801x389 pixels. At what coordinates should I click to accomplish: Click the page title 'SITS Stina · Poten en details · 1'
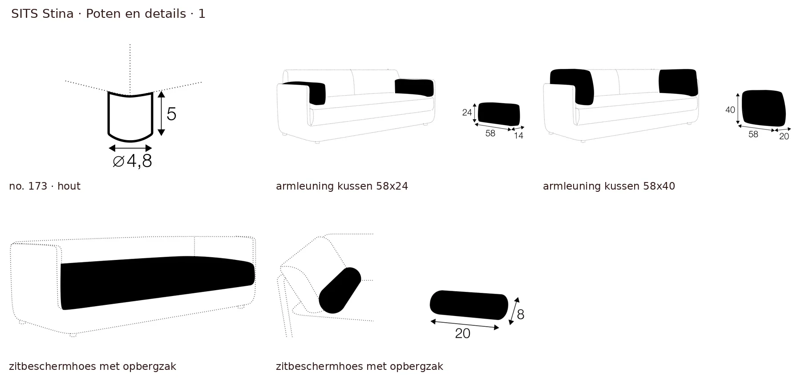(108, 14)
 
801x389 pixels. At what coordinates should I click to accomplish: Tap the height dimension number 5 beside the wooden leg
(171, 114)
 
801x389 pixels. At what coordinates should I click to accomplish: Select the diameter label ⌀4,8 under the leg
(132, 161)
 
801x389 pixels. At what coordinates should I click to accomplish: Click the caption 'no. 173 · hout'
(44, 186)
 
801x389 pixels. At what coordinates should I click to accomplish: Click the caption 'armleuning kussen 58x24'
(342, 186)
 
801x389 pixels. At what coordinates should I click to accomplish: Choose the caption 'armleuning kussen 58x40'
(609, 186)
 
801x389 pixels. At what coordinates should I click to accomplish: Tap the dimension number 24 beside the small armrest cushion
(467, 112)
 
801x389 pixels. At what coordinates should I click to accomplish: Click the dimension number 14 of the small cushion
(518, 136)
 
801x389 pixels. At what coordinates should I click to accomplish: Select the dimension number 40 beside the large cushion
(730, 109)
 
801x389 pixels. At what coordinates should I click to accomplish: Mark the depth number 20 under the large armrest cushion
(784, 137)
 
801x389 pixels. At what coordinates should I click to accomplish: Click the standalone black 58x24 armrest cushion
(499, 114)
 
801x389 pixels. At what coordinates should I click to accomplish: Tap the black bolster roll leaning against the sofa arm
(340, 290)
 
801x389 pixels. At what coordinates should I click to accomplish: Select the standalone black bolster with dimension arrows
(469, 305)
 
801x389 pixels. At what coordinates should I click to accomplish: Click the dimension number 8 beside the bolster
(520, 315)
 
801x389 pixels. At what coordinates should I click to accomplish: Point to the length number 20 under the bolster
(463, 333)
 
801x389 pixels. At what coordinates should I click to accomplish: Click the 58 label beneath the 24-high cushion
(490, 134)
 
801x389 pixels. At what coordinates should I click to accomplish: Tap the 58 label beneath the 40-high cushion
(753, 134)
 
